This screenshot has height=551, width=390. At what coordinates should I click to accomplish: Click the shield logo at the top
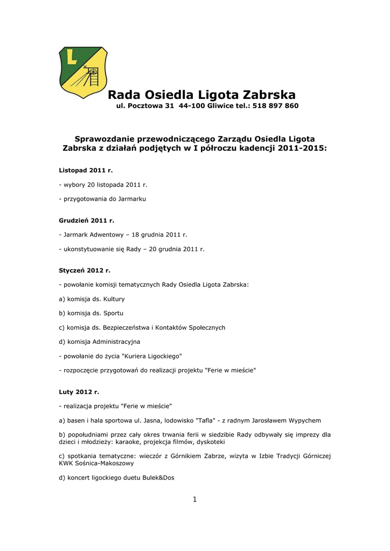[x=83, y=72]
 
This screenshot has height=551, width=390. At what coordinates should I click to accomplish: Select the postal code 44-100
[x=192, y=106]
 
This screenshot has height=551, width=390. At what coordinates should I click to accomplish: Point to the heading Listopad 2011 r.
[x=86, y=170]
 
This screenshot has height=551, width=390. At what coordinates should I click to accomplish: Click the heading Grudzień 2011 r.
[x=86, y=221]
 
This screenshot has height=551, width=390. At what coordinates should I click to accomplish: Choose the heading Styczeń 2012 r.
[x=84, y=270]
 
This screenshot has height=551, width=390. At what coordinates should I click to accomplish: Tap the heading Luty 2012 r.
[x=79, y=392]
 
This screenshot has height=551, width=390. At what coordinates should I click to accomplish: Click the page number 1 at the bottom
[x=194, y=499]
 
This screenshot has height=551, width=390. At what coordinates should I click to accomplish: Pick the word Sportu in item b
[x=113, y=313]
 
